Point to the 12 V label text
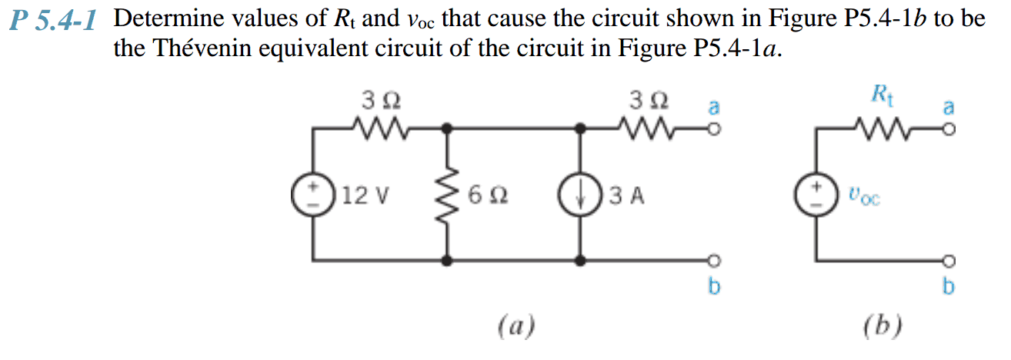coord(365,196)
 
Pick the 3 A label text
coord(625,196)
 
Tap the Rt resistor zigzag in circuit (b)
coord(880,125)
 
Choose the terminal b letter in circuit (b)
coord(949,286)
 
